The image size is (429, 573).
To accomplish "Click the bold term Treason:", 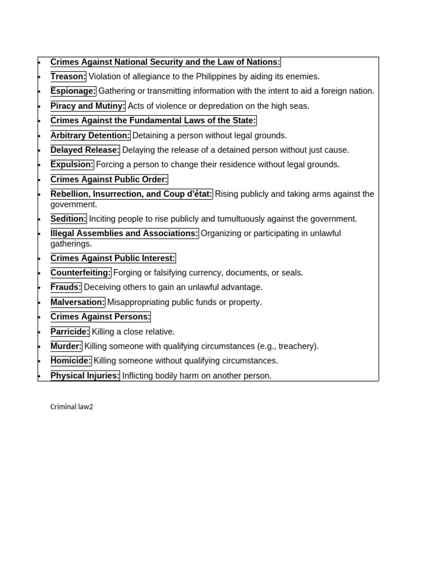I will point(68,77).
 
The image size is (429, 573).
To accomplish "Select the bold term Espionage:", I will point(73,91).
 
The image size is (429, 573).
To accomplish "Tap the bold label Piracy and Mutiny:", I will point(88,106).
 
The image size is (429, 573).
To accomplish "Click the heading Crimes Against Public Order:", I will point(109,179).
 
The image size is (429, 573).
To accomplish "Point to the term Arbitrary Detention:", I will point(90,135).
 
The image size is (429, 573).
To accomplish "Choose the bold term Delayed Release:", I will point(85,150).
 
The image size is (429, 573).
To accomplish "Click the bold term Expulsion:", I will point(72,165).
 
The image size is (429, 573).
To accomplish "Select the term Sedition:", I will point(69,219).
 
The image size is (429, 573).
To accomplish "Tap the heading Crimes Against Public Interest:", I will point(113,258).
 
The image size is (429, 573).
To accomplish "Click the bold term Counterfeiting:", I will point(80,273).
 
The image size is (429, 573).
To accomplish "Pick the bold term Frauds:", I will point(66,287).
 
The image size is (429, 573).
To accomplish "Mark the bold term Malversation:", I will point(78,302).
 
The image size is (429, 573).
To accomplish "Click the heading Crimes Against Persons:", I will point(101,317).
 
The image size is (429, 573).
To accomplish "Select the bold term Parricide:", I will point(70,332).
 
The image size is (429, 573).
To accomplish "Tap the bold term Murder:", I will point(66,346).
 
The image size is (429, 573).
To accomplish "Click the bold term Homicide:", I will point(71,361).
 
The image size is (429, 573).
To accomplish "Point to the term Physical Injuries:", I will point(85,375).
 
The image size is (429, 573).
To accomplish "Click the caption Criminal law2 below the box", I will point(71,407).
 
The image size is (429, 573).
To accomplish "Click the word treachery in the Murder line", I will point(295,346).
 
